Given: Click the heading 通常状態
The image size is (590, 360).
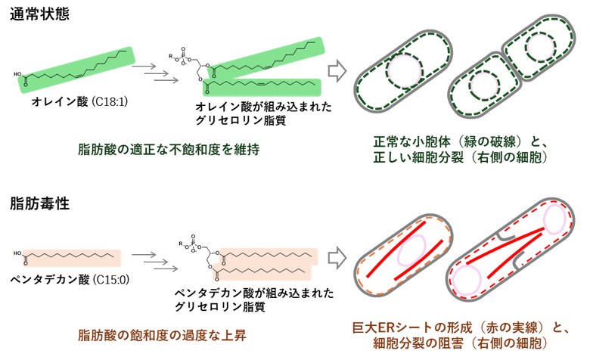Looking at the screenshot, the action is (x=39, y=14).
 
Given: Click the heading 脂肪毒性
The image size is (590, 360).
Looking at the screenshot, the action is (x=39, y=203).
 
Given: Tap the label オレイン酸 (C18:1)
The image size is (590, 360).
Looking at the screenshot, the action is (x=79, y=101).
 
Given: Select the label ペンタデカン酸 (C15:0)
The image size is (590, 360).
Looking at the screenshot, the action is (x=70, y=280).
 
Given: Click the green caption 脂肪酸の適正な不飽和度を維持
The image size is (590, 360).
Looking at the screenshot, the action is (x=169, y=149).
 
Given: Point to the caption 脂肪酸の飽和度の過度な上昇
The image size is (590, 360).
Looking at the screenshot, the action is (x=162, y=335).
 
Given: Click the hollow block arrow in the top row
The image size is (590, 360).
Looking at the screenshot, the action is (x=337, y=71).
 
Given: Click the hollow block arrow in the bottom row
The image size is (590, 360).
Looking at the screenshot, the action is (x=337, y=258).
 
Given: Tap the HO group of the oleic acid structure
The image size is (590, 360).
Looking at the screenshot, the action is (x=17, y=74).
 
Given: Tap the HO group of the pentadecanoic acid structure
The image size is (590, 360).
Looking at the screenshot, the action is (x=17, y=253).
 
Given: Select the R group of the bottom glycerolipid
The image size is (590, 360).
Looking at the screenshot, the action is (x=181, y=244).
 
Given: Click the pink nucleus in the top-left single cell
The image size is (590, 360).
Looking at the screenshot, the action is (x=405, y=71).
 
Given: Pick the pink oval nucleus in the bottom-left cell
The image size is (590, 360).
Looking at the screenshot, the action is (x=412, y=250).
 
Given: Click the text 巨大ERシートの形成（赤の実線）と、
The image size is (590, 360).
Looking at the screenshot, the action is (x=460, y=327).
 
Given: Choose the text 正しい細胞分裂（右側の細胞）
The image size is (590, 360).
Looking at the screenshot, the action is (x=460, y=157).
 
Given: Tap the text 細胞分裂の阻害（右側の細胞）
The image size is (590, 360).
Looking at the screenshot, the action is (x=460, y=343).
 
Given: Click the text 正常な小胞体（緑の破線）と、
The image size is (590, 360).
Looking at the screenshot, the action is (x=460, y=142).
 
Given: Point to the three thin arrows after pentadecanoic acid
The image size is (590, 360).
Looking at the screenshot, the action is (x=154, y=262).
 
